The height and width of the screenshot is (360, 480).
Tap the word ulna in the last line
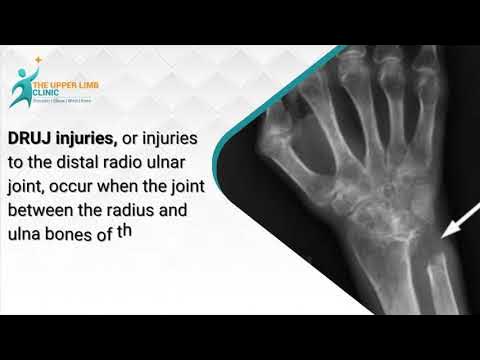(23, 233)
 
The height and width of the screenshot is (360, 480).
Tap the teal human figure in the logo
(19, 87)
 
